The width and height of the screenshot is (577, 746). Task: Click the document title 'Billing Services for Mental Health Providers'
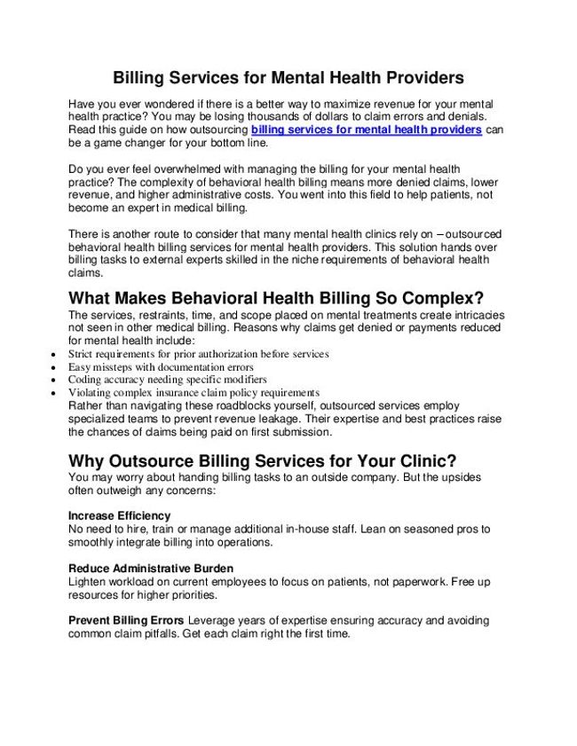288,78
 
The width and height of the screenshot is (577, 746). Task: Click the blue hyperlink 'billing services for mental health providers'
367,130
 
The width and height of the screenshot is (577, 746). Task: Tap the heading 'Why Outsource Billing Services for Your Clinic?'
263,462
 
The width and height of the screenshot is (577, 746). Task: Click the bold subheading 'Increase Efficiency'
119,515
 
